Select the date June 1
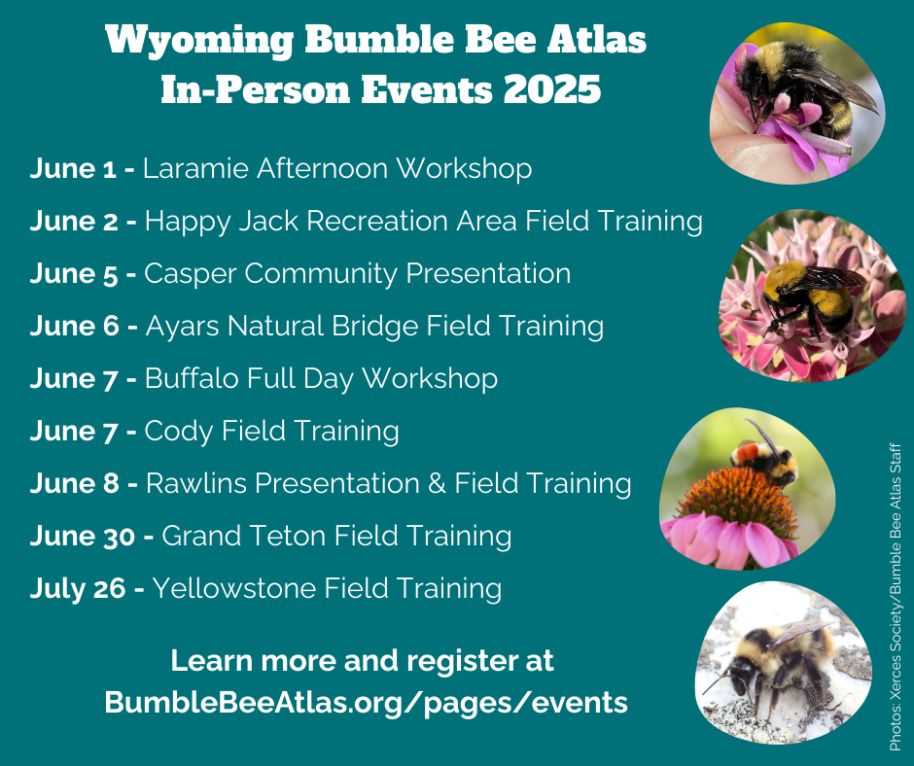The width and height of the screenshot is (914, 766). coord(74,168)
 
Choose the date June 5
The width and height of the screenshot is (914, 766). coord(74,273)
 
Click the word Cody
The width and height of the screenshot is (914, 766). coord(178,431)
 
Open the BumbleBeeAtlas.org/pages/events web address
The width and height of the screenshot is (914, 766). coord(366,702)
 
